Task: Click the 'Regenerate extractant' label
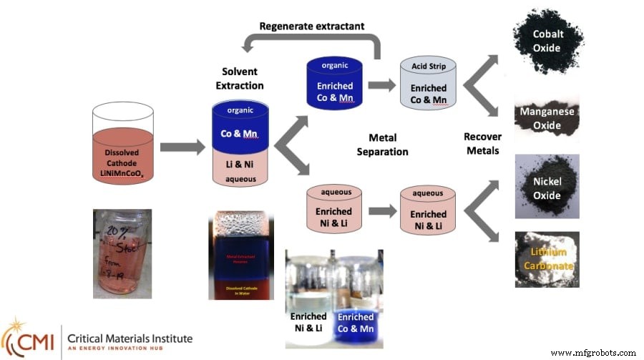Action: coord(311,26)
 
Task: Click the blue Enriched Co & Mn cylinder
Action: coord(334,84)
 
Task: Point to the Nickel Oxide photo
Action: coord(547,186)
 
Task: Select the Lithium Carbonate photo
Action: coord(547,258)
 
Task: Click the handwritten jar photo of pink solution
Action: coord(122,253)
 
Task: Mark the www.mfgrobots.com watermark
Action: coord(593,353)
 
